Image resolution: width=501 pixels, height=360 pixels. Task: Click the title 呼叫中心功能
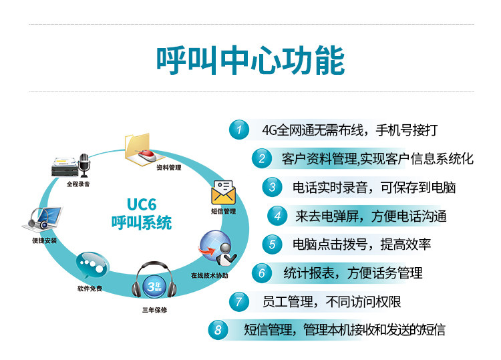point(251,61)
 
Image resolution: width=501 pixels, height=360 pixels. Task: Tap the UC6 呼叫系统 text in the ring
point(141,214)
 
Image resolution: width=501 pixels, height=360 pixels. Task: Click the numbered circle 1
point(238,130)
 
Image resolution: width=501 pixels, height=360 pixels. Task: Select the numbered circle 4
point(277,216)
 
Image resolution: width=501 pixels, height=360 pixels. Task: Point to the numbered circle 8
point(218,329)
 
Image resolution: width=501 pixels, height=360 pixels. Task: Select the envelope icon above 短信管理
point(222,192)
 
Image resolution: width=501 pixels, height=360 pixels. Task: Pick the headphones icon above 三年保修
point(154,285)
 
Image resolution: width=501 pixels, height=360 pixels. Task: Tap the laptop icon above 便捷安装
point(46,218)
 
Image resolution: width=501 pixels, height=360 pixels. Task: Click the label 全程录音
point(78,182)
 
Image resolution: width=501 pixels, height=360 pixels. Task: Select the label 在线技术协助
point(209,275)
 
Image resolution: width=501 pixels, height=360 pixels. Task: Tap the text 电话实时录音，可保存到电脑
point(375,187)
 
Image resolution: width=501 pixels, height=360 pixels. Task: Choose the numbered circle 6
point(262,273)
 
